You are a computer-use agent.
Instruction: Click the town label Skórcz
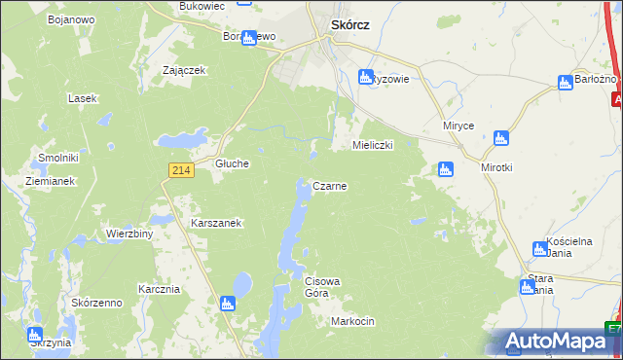coord(349,27)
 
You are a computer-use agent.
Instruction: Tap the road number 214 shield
coord(179,170)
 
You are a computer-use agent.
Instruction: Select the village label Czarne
coord(329,185)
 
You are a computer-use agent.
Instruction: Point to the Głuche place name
coord(233,164)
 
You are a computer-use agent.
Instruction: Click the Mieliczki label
coord(371,145)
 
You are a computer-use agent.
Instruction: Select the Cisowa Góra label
coord(322,287)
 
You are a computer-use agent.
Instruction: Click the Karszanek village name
coord(216,223)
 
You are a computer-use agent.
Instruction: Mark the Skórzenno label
coord(96,303)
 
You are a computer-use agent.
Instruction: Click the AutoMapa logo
coord(558,342)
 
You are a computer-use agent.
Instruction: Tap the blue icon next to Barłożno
coord(566,83)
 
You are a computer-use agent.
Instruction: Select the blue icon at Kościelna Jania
coord(540,249)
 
